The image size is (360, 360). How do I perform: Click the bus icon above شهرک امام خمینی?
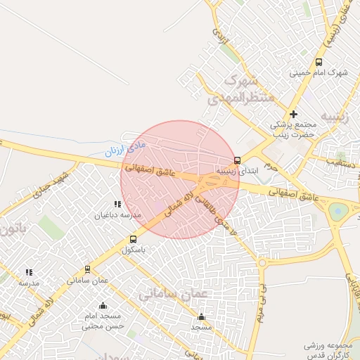click(x=319, y=62)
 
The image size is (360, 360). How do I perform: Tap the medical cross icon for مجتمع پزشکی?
click(x=293, y=114)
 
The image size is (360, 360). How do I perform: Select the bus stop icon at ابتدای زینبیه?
click(x=237, y=160)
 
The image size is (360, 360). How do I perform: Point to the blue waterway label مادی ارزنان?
click(x=119, y=148)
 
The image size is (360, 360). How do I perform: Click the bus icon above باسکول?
click(x=133, y=239)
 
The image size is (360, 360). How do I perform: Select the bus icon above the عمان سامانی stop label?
click(x=87, y=269)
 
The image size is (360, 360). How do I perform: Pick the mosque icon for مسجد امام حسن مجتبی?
click(x=103, y=305)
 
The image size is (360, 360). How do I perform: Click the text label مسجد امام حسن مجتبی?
click(x=103, y=321)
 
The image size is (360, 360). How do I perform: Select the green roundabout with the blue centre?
click(x=338, y=210)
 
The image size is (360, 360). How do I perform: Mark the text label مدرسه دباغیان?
click(x=117, y=215)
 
